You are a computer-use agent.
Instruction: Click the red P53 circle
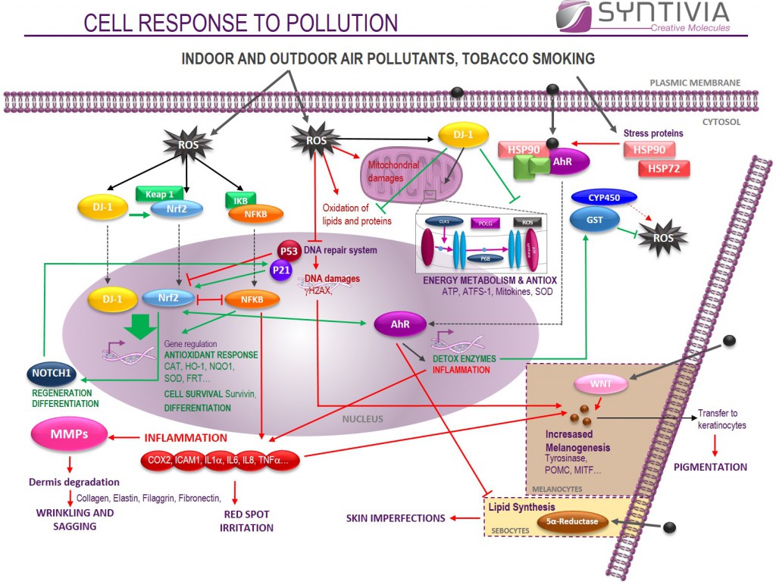(x=289, y=250)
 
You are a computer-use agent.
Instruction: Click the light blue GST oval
(x=593, y=220)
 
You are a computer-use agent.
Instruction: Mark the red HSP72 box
(x=664, y=168)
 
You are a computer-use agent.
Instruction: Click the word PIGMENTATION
(x=710, y=467)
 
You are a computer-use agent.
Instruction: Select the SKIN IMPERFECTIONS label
(x=396, y=518)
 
